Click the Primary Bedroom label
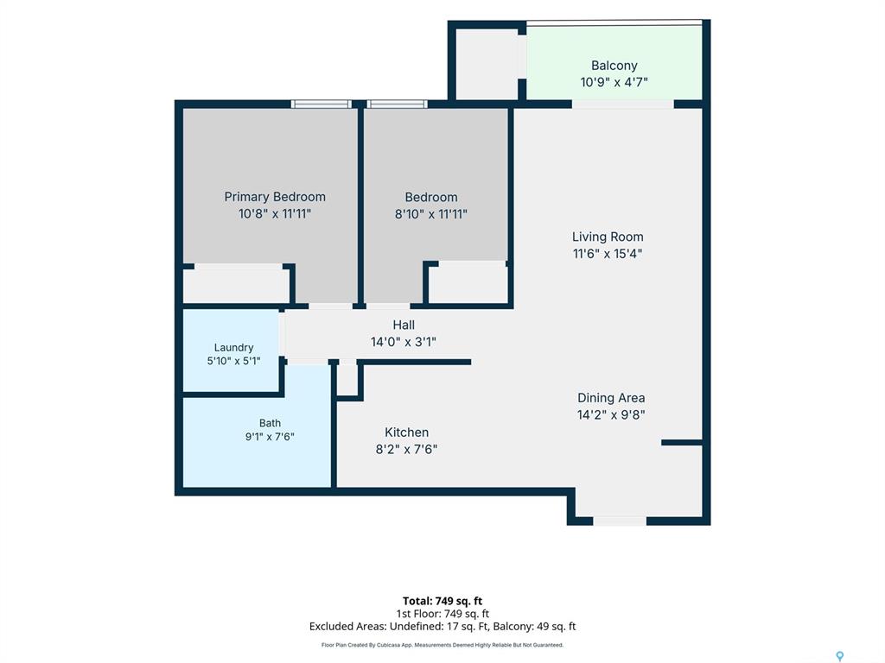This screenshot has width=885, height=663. pos(275,197)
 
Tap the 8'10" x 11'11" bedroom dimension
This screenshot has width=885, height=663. pos(431,214)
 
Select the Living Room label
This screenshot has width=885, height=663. pos(608,237)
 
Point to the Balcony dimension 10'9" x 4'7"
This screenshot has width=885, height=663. pos(614,82)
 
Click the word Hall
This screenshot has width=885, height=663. pos(404,325)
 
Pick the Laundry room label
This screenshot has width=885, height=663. pos(233,348)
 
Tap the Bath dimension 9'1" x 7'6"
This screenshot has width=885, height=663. pos(270,436)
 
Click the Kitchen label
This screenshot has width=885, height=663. pos(406,433)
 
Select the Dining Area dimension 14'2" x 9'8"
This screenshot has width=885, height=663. pos(611,415)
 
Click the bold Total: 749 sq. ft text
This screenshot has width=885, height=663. pos(442,601)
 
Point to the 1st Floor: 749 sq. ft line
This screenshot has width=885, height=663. pos(442,614)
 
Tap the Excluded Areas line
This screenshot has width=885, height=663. pos(442,627)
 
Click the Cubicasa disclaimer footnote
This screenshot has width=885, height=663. pos(442,645)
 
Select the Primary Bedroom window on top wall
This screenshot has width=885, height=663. pos(322,104)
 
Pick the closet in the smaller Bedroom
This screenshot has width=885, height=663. pos(468,283)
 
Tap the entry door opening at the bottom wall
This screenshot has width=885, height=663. pos(620,521)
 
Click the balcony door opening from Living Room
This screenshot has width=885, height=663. pos(623,104)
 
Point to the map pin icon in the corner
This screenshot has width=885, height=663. pos(840,656)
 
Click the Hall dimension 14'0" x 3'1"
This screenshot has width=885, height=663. pos(404,342)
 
